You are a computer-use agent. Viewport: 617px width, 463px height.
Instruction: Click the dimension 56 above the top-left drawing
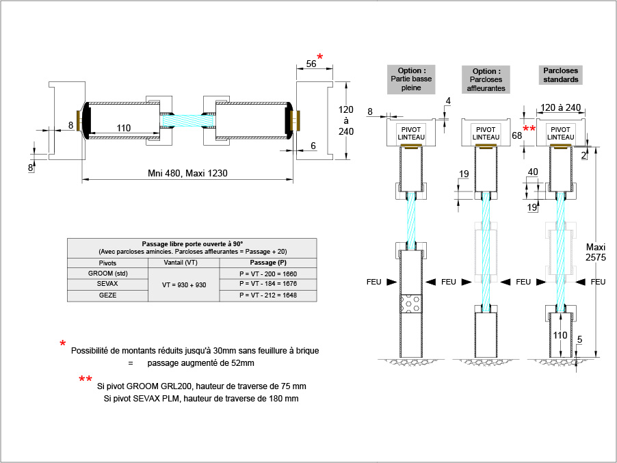(x=311, y=64)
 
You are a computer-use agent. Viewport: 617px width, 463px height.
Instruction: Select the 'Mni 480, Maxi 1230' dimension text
(x=187, y=173)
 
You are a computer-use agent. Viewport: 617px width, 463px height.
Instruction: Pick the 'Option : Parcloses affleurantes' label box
(x=486, y=79)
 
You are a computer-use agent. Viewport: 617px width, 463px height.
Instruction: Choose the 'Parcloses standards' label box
(x=560, y=75)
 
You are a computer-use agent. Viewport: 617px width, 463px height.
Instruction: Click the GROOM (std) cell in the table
(x=108, y=274)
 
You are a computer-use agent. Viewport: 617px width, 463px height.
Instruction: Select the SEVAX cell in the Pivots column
(x=108, y=285)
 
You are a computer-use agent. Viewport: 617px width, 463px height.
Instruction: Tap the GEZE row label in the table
(x=108, y=295)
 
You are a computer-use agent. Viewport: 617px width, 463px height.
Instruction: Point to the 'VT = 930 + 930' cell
(x=183, y=285)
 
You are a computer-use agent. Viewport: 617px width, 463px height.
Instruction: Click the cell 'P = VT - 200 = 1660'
(x=267, y=274)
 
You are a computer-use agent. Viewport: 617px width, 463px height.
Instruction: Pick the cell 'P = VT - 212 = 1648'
(x=267, y=295)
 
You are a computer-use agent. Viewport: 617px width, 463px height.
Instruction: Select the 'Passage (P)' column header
(x=267, y=263)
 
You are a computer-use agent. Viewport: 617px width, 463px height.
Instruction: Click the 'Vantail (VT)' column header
(x=183, y=263)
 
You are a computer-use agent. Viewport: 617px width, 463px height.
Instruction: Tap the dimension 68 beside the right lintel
(x=517, y=135)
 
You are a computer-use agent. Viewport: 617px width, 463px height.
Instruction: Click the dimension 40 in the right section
(x=532, y=172)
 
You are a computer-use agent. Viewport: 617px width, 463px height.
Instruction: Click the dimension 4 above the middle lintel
(x=447, y=102)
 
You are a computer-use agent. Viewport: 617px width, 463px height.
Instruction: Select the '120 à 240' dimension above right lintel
(x=560, y=107)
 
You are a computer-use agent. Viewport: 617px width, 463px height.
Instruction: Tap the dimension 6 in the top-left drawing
(x=313, y=146)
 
